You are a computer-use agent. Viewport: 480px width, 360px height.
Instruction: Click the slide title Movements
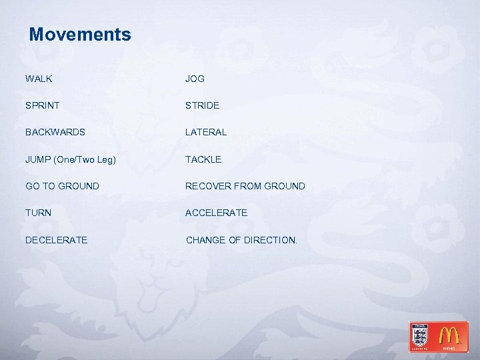(80, 34)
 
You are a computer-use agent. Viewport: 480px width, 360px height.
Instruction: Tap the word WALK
(39, 79)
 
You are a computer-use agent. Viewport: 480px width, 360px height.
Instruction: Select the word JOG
(195, 79)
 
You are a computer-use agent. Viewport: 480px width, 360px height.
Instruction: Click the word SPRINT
(43, 105)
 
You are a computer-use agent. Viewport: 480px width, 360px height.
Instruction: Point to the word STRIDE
(202, 105)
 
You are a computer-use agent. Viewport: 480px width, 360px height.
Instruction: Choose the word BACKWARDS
(55, 132)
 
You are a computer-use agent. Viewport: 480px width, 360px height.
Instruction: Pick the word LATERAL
(206, 132)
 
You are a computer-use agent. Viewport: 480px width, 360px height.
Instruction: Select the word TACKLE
(203, 159)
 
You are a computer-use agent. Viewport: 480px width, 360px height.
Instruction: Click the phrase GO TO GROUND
(62, 186)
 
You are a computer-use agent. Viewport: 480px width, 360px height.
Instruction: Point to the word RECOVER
(207, 186)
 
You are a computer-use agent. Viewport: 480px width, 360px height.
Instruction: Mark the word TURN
(39, 213)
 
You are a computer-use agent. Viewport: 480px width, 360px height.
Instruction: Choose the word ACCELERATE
(216, 213)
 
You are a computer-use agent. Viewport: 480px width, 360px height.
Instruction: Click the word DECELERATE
(56, 239)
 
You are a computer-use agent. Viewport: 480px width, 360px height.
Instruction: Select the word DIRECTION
(269, 239)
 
